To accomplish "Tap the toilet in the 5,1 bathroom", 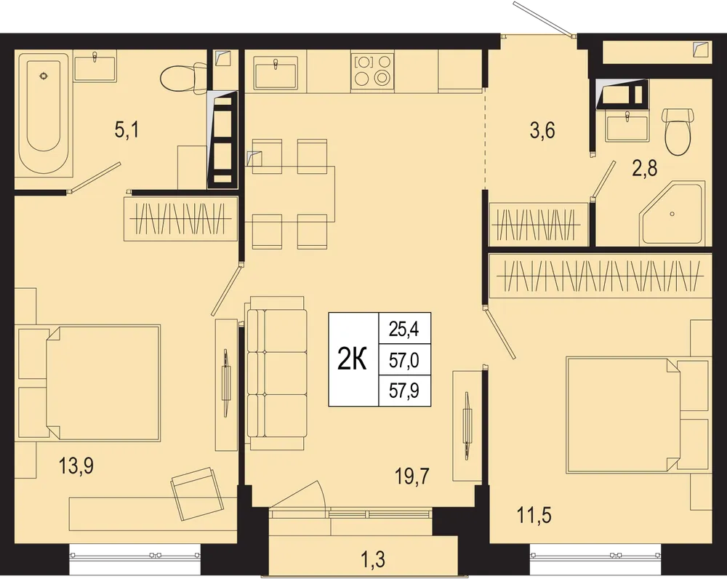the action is (x=184, y=78).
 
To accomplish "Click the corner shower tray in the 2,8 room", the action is (x=672, y=214).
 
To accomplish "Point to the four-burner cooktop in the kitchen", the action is (x=373, y=71).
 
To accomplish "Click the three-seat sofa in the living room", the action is (x=276, y=373).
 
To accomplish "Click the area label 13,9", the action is (x=76, y=466).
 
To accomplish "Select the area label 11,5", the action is (x=534, y=516).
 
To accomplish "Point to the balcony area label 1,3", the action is (x=372, y=559).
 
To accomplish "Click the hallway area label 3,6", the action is (x=542, y=130).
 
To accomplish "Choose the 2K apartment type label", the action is (x=352, y=359).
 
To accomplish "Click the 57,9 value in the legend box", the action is (x=404, y=391).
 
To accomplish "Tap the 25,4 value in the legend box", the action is (x=403, y=329).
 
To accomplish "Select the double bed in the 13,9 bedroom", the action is (x=103, y=382).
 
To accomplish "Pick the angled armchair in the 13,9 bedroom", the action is (x=194, y=494).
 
